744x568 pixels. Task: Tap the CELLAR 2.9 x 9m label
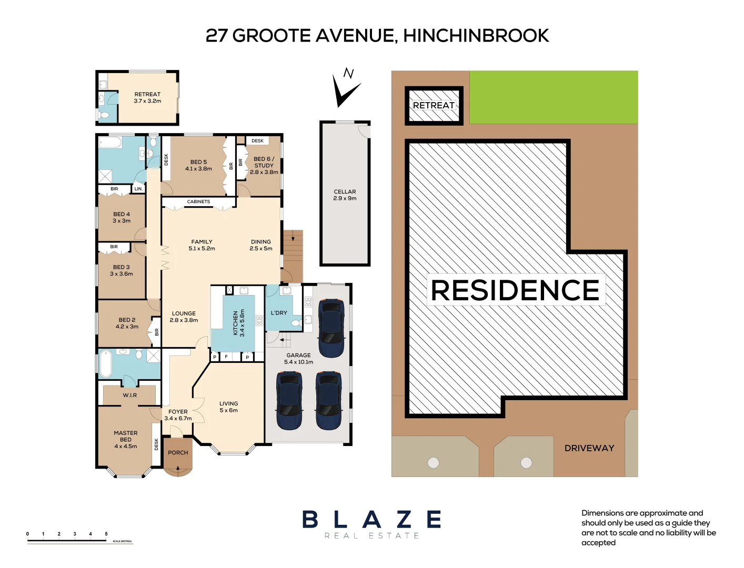point(345,195)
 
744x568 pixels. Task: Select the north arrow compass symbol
point(345,88)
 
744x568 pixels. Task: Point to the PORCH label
point(178,453)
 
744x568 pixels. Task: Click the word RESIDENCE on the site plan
point(515,290)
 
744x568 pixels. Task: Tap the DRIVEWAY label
point(589,448)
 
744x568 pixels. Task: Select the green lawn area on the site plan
point(553,97)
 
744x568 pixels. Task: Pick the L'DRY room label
point(279,313)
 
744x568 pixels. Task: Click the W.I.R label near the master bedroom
point(129,395)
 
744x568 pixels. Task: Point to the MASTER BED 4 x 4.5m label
point(126,440)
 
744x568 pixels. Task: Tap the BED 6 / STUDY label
point(264,165)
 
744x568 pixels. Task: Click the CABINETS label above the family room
point(198,202)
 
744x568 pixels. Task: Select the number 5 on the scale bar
point(106,534)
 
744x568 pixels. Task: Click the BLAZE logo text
point(371,520)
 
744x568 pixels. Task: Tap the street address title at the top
point(377,36)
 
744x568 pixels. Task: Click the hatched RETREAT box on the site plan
point(434,106)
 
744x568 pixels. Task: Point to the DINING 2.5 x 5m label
point(261,245)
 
